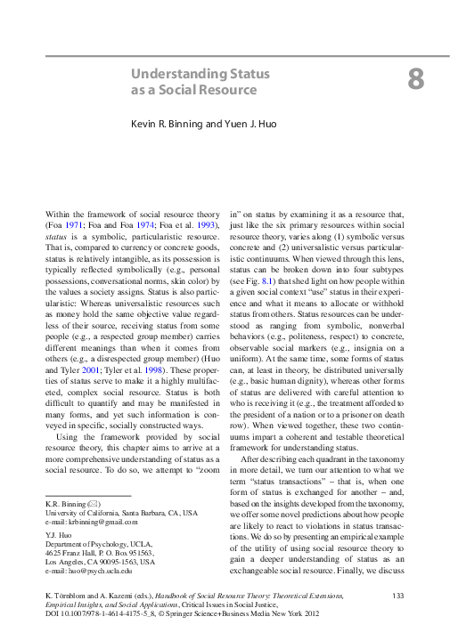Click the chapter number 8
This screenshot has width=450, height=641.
click(416, 79)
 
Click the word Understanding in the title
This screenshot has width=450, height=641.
click(175, 74)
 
